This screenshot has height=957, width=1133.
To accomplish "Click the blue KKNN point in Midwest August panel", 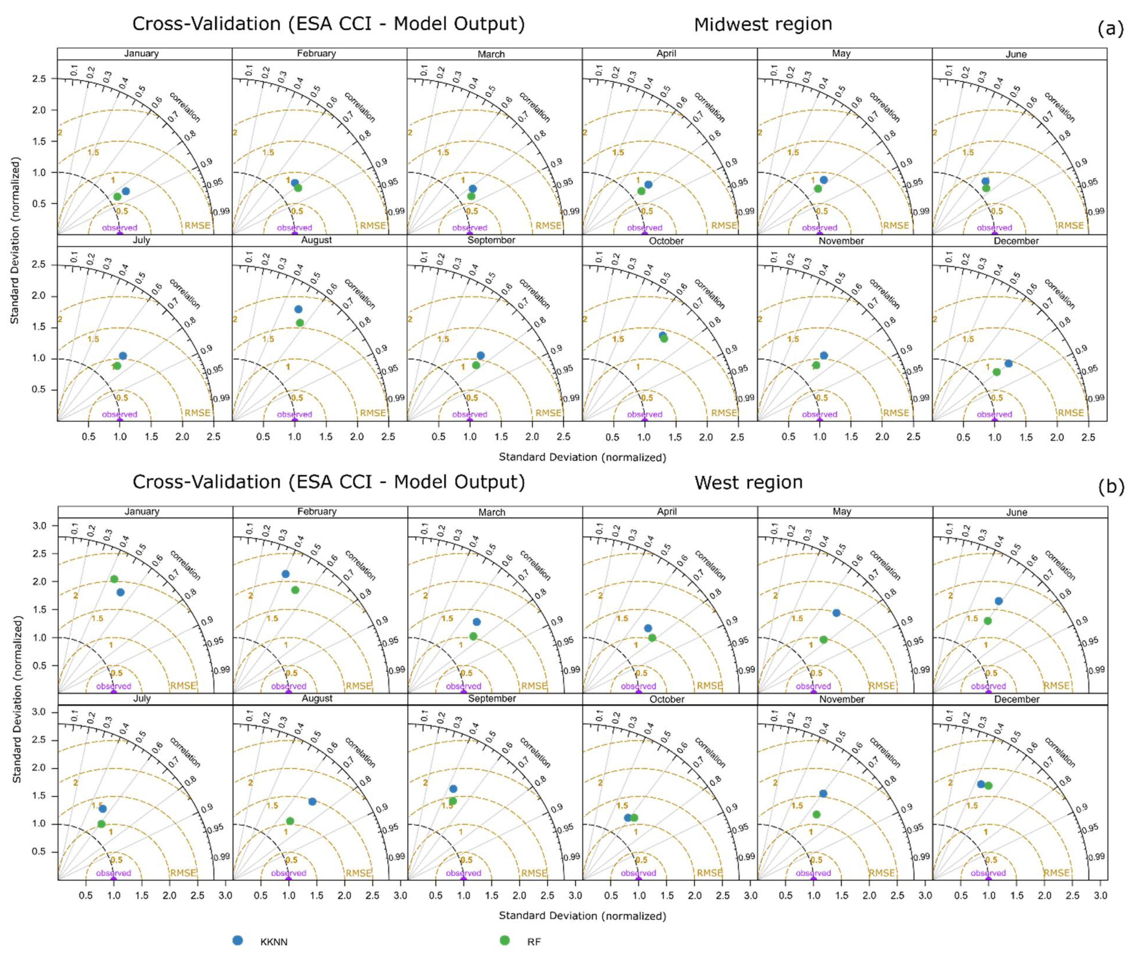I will coord(298,309).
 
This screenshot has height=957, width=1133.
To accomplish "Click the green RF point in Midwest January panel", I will coord(117,196).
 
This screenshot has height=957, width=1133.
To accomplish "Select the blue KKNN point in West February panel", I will coord(285,574).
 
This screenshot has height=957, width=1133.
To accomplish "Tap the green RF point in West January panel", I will coord(114,579).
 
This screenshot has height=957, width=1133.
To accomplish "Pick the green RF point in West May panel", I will coord(823,640).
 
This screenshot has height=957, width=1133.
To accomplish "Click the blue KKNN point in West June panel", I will coord(998,601).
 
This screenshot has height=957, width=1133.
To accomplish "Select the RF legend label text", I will coord(534,942).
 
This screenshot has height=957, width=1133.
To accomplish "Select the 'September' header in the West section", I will coord(492,699).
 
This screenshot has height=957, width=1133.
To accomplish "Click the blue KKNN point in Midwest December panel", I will coord(1008,364).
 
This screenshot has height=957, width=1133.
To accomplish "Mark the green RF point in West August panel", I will coord(290,821).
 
